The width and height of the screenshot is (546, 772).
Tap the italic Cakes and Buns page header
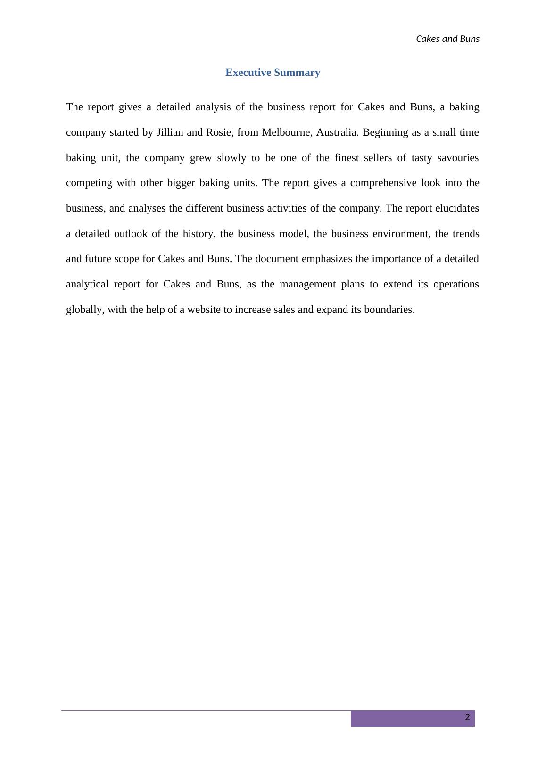coord(447,39)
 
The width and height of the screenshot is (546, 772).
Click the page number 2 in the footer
coord(467,717)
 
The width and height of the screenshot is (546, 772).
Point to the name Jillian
coord(170,132)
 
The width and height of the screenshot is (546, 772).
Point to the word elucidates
coord(457,208)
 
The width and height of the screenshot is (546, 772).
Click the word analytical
coord(87,284)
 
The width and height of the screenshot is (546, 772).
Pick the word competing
coord(88,183)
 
